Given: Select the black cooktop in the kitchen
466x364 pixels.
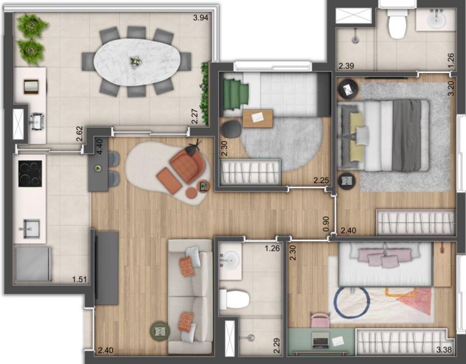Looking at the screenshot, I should pyautogui.click(x=30, y=173).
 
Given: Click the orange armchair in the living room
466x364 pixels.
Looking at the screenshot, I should pyautogui.click(x=187, y=165).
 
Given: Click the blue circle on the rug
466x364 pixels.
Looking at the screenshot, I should pyautogui.click(x=352, y=302).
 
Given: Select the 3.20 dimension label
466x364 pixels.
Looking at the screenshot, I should pyautogui.click(x=451, y=88).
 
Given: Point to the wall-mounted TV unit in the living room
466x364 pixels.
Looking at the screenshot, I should pyautogui.click(x=107, y=267).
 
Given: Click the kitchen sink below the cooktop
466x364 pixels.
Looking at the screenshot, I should pyautogui.click(x=29, y=228).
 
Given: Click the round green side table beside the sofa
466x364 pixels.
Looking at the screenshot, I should pyautogui.click(x=160, y=331).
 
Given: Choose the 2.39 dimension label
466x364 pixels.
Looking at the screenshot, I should pyautogui.click(x=346, y=66).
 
